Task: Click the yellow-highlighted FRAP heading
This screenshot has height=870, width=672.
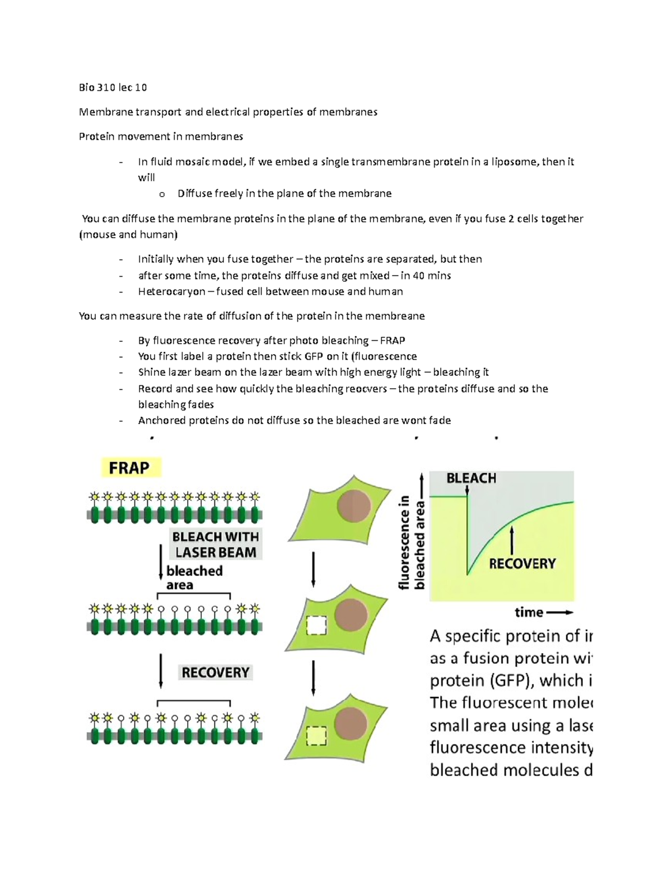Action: (130, 467)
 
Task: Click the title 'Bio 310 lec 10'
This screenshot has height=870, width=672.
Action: (113, 87)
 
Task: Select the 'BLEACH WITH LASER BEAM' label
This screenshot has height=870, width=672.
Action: (216, 545)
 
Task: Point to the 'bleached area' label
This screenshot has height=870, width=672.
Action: (194, 578)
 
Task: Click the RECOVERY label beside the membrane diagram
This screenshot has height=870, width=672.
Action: (216, 672)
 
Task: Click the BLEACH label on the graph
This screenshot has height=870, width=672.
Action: (471, 478)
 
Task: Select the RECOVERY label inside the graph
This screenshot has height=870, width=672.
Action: (522, 564)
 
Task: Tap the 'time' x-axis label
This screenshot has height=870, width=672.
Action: (529, 612)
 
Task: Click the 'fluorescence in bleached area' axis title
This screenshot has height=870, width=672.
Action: (412, 542)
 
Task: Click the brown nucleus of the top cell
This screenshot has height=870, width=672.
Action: (354, 506)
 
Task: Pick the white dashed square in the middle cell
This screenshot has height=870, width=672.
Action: (317, 625)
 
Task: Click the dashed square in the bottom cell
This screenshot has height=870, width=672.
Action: (317, 736)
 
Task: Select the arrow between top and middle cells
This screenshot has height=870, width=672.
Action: (313, 569)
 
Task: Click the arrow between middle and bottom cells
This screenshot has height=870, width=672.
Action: (313, 678)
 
